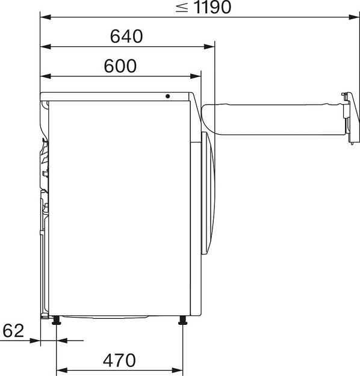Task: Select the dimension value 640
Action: tap(126, 37)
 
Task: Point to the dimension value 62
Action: tap(13, 330)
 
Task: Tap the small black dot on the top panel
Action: tap(168, 97)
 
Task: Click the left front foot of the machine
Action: tap(56, 321)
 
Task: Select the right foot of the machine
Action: tap(181, 321)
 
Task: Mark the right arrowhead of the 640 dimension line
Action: tap(211, 46)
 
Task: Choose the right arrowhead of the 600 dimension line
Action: tap(196, 76)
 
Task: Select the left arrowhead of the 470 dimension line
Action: tap(60, 369)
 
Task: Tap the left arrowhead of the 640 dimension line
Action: tap(44, 46)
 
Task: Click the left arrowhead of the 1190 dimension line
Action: tap(44, 17)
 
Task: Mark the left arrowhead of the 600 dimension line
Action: tap(44, 76)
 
